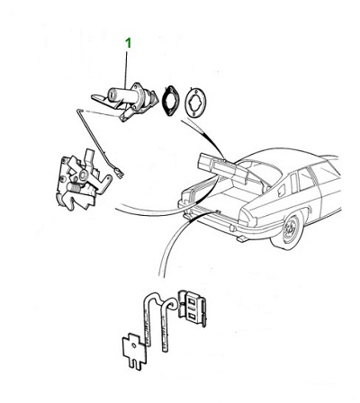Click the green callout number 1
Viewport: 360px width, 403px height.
click(x=128, y=43)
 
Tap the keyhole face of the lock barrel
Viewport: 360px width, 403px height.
click(x=112, y=94)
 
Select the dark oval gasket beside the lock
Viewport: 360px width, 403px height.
click(x=170, y=100)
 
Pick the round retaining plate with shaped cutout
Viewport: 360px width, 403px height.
click(x=194, y=103)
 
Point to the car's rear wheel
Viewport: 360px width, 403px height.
click(x=289, y=230)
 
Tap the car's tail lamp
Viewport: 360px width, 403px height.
click(x=247, y=218)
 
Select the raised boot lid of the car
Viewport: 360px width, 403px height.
click(x=223, y=169)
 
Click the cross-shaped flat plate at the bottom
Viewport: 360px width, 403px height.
click(x=134, y=350)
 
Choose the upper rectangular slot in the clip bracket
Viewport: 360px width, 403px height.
click(x=190, y=300)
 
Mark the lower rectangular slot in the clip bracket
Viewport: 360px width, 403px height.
click(x=190, y=316)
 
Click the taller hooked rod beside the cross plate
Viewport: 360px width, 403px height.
click(x=148, y=318)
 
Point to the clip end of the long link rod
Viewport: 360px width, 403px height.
click(x=120, y=173)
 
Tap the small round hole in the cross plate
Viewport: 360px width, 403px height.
click(x=133, y=345)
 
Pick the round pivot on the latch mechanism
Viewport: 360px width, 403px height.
click(x=83, y=175)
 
